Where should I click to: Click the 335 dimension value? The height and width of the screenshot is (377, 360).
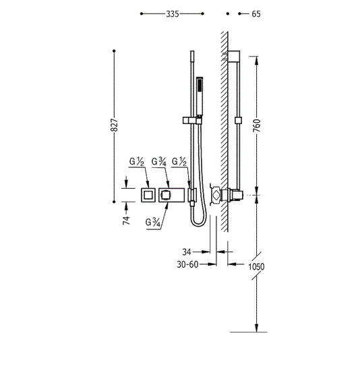tap(173, 14)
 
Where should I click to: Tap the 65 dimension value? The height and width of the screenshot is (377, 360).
tap(256, 14)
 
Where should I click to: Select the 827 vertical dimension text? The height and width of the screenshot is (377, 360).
tap(115, 125)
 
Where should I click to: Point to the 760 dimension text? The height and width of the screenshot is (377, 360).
tap(256, 125)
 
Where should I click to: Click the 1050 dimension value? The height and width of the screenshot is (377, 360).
tap(256, 266)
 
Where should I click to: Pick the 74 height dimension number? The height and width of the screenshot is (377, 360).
tap(126, 220)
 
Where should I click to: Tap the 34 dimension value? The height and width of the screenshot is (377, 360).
tap(187, 252)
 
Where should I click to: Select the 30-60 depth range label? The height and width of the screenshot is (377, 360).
tap(187, 264)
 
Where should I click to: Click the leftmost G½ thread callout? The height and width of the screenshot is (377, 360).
tap(136, 162)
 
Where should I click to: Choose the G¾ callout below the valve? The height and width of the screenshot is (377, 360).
tap(153, 223)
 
